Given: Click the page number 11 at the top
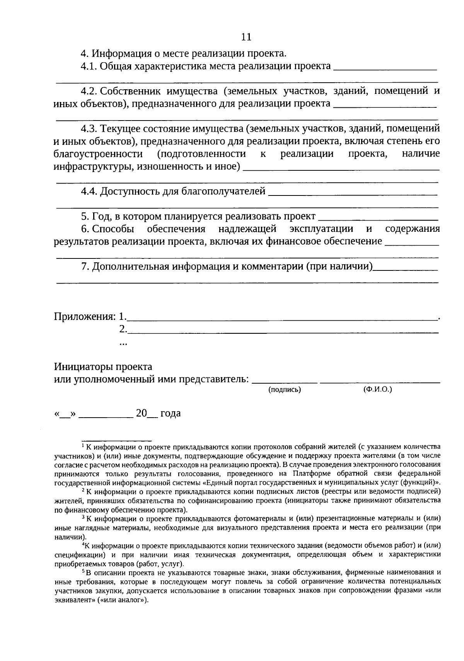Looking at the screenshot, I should coord(246,37).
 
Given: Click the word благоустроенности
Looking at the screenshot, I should coord(98,154).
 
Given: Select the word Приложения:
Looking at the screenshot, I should coord(85,317).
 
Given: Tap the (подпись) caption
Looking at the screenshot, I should coord(285,390).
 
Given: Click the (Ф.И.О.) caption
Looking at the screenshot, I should coord(377,389).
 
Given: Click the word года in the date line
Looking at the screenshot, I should coord(171,413).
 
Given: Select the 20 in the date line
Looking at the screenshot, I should coord(141,413).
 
